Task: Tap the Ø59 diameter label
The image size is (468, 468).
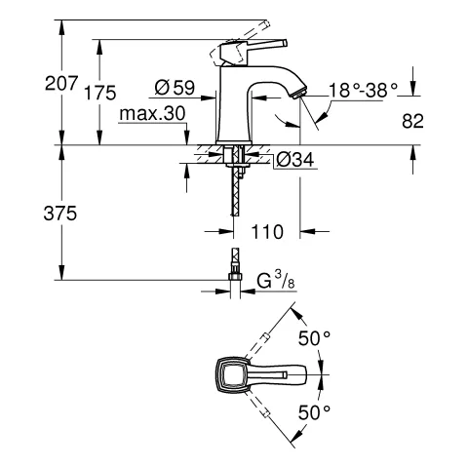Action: (175, 89)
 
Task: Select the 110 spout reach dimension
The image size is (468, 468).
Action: (265, 232)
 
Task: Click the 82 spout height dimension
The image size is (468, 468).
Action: (413, 121)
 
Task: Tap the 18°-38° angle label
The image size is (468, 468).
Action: (364, 89)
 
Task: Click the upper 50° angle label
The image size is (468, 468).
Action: (314, 337)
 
